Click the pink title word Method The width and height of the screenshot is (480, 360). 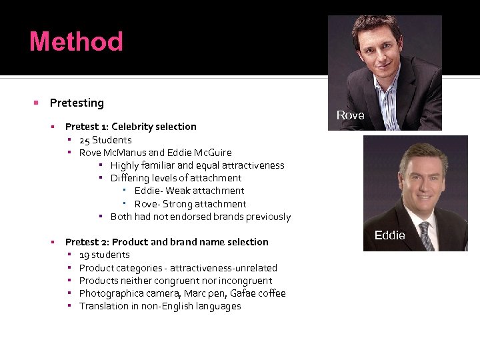[x=76, y=41]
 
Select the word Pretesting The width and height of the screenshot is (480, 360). [x=77, y=103]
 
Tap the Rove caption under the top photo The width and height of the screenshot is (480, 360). [x=350, y=115]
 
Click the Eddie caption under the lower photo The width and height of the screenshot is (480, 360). [x=389, y=235]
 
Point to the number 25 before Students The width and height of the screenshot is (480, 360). [x=85, y=140]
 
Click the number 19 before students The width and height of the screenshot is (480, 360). [x=85, y=255]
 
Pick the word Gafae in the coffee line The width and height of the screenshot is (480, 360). [x=243, y=293]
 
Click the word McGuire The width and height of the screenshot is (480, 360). [x=210, y=153]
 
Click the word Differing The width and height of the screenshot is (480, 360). [x=131, y=178]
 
